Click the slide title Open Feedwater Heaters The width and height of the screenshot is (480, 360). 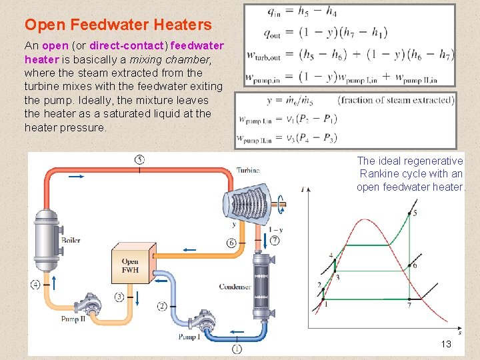tap(118, 25)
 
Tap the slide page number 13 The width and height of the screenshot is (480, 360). tap(446, 344)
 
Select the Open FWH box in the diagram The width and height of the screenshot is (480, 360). tap(131, 265)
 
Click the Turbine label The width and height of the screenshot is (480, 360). tap(248, 171)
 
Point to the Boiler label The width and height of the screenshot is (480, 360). tap(71, 240)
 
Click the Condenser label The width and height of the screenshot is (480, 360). tap(235, 287)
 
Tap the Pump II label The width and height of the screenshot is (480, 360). tap(73, 319)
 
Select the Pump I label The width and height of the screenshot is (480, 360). tap(189, 337)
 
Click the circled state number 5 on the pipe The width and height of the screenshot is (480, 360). tap(139, 159)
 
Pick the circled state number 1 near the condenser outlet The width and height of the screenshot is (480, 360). tap(237, 348)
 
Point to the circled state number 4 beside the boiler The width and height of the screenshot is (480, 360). tap(35, 285)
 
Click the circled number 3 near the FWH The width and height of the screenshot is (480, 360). tap(119, 297)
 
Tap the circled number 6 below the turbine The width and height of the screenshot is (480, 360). tap(231, 243)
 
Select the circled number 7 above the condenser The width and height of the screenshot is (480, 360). tap(275, 240)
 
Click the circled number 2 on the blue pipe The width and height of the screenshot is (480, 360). tap(162, 306)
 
